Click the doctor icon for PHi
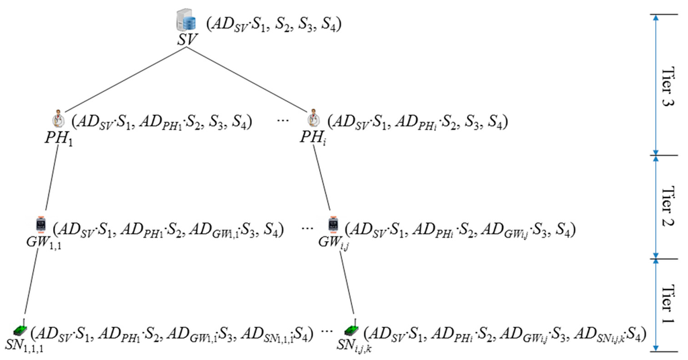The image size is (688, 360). point(313,121)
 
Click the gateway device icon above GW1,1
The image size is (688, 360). point(41,224)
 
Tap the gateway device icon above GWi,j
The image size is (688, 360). point(332,224)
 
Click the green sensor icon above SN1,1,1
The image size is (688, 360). point(21,330)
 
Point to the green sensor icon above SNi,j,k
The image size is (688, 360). point(350,330)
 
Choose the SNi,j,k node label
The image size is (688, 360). point(352,346)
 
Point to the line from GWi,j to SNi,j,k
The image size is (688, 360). point(343,282)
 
